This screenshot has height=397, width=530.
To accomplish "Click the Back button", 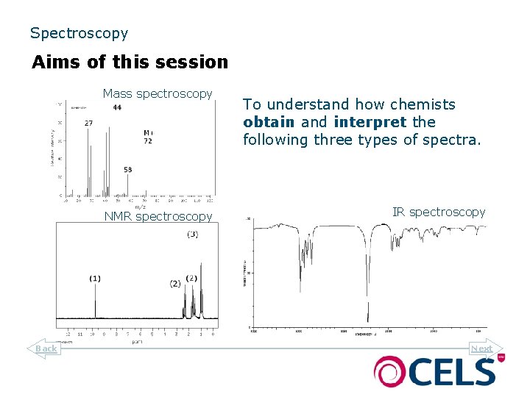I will coord(45,348).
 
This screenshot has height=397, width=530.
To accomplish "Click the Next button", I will coord(484,348).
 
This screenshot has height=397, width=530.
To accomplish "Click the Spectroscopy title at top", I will coord(79,33).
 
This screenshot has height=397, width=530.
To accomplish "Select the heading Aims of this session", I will coord(130,62).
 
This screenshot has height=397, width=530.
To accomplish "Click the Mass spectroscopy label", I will coord(158,93).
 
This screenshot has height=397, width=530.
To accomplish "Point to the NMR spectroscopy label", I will coord(158,216).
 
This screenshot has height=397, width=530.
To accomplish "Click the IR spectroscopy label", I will coord(439,212).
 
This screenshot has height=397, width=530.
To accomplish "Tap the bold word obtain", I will coord(269,122).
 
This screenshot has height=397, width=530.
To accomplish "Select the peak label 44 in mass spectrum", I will coord(117,108).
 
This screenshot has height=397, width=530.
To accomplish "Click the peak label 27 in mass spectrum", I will coord(88,123).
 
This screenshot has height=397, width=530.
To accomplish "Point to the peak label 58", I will coord(128,170).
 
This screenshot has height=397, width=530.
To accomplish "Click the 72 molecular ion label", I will coord(148,140).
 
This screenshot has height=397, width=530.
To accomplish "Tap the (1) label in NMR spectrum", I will coord(95,278).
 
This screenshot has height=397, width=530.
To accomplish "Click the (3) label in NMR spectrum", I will coord(192,235).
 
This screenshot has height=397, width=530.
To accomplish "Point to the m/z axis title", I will coord(140,207).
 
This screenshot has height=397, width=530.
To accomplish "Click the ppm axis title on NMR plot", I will coord(137,342).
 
